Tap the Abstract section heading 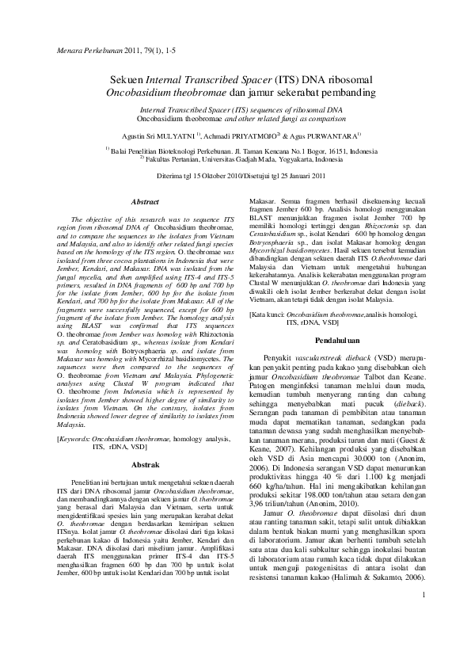144,203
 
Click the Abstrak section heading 144,463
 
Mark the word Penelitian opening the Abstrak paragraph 86,482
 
